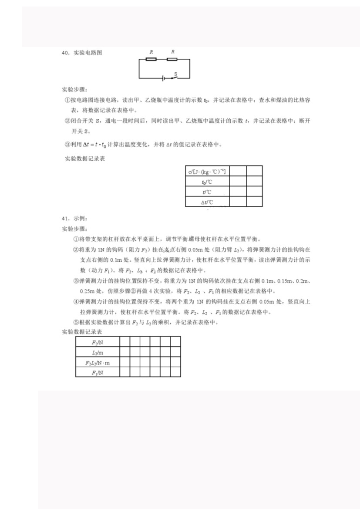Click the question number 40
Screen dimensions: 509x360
[66, 53]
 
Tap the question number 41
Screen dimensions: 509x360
[66, 218]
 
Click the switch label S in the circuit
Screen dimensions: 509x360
[176, 74]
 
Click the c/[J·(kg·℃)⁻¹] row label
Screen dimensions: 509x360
[207, 171]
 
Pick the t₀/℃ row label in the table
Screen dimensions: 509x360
[207, 182]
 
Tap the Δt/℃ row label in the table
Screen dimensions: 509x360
[207, 202]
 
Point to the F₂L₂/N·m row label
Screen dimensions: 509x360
[98, 362]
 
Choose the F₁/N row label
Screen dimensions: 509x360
[98, 372]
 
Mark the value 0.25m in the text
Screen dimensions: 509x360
[86, 291]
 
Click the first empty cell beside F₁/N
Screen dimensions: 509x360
[124, 372]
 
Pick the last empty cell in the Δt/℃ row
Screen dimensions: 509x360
[254, 202]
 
